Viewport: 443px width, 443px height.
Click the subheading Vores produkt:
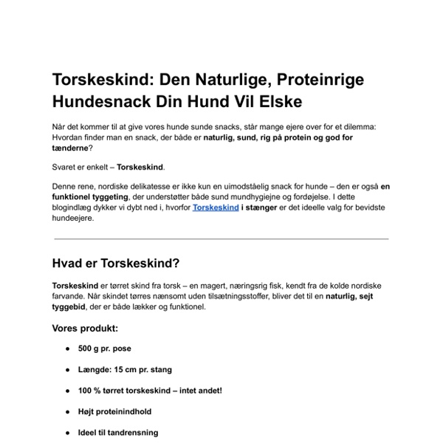tap(84, 327)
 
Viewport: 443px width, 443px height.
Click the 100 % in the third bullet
tap(90, 390)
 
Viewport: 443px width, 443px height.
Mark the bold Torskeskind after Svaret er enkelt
tap(140, 167)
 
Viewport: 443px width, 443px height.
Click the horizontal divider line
tap(221, 238)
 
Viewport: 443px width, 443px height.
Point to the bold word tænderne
tap(71, 147)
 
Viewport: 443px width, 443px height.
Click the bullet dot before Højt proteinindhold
tap(68, 411)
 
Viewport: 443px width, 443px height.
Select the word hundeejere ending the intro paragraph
tap(73, 219)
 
